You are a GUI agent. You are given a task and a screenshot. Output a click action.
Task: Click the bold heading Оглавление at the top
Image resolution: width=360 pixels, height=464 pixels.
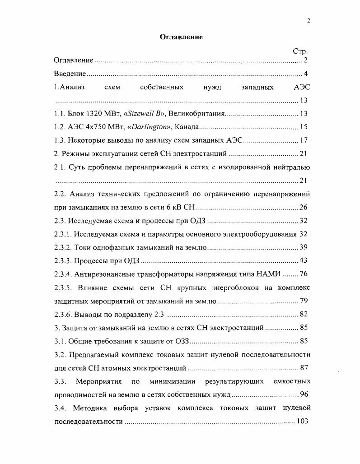pyautogui.click(x=181, y=37)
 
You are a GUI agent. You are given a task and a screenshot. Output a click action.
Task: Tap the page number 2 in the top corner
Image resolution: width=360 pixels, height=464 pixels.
pyautogui.click(x=308, y=20)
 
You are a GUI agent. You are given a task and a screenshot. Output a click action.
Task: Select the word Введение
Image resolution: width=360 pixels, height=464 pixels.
pyautogui.click(x=70, y=74)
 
